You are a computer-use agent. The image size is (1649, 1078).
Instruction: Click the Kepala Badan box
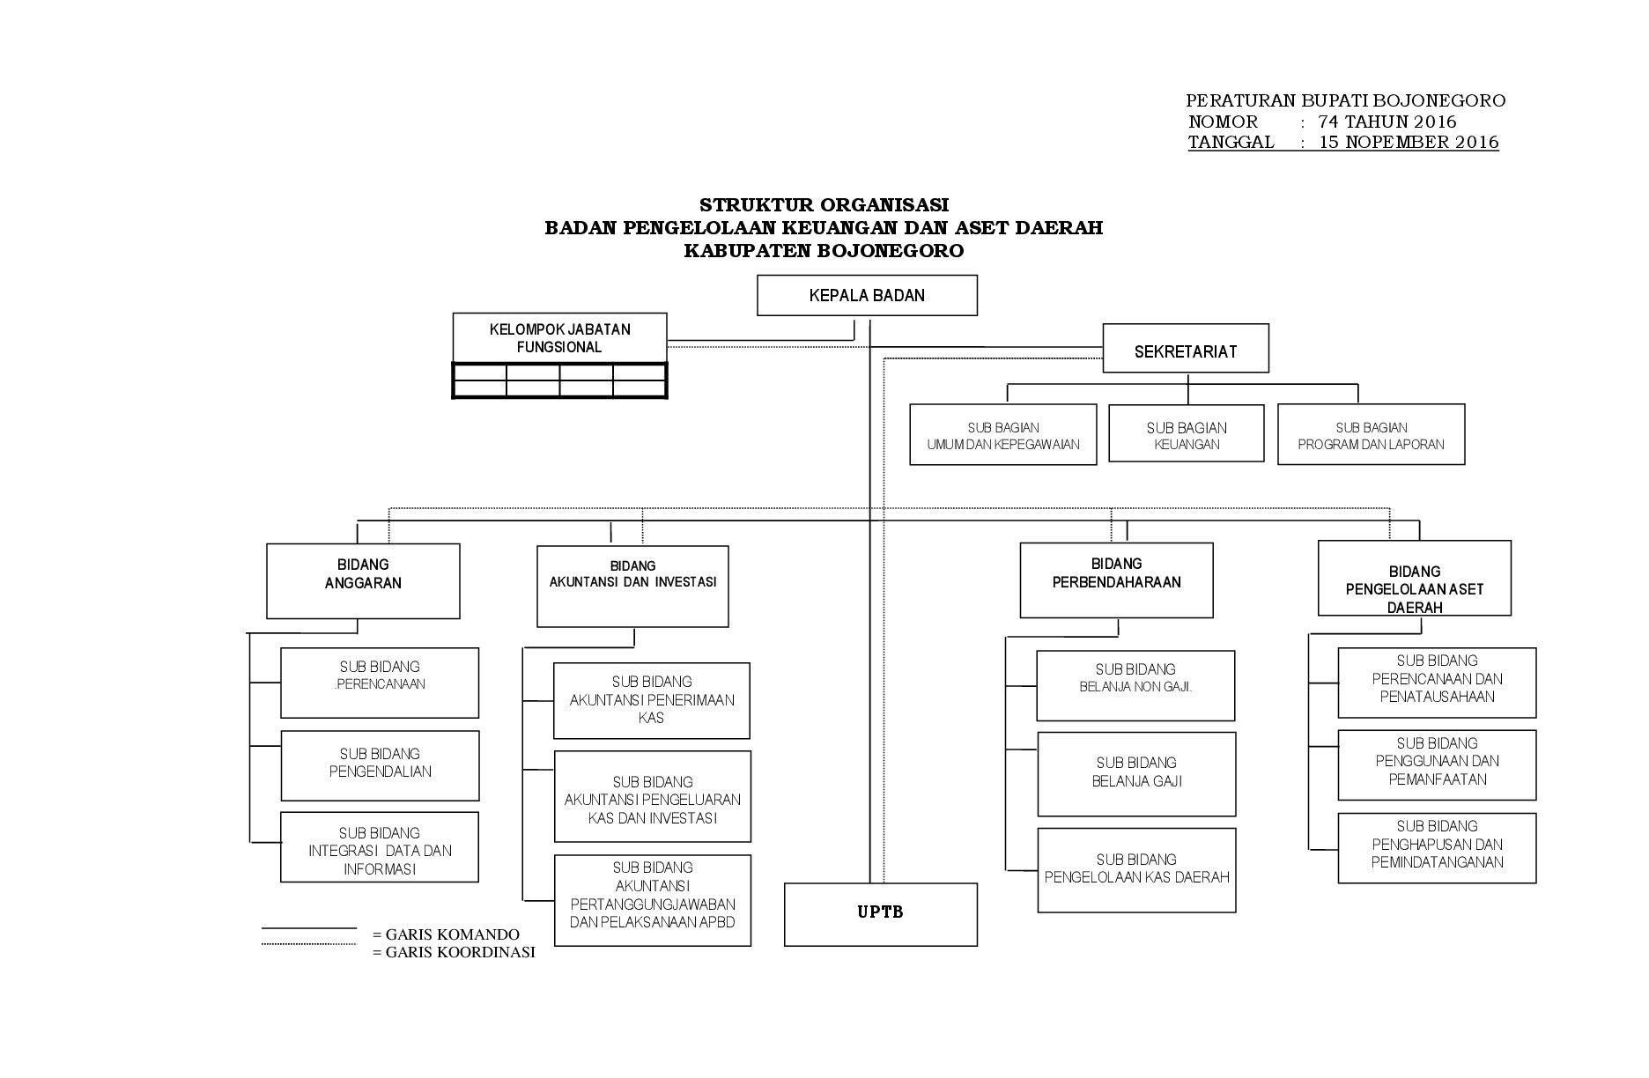tap(867, 295)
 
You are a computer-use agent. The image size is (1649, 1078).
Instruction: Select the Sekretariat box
tap(1186, 349)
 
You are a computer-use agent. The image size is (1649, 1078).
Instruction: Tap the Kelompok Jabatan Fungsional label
tap(559, 338)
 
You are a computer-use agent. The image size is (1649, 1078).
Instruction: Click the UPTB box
tap(881, 914)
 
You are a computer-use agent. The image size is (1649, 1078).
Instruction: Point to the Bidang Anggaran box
tap(363, 581)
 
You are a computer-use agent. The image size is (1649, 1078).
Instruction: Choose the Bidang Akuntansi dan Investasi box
tap(632, 587)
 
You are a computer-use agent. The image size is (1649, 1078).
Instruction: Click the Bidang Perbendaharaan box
tap(1116, 580)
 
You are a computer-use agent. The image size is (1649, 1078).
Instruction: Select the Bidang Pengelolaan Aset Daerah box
tap(1415, 578)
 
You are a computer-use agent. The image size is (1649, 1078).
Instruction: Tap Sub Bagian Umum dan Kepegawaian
tap(1003, 434)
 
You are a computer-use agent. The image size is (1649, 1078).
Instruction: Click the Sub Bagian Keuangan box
tap(1187, 432)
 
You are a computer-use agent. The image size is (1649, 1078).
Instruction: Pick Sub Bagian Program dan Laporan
tap(1372, 434)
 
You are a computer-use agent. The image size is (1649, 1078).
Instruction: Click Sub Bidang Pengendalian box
tap(380, 765)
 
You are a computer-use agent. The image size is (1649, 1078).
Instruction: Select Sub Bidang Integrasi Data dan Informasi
tap(380, 847)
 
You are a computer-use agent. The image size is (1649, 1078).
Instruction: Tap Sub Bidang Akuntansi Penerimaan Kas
tap(652, 700)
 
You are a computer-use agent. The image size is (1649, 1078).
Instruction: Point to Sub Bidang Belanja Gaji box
tap(1136, 774)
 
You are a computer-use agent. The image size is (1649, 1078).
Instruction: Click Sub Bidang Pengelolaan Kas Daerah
tap(1136, 870)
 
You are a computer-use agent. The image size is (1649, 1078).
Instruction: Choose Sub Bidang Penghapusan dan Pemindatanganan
tap(1437, 848)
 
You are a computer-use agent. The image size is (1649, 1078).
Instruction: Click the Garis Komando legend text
tap(446, 934)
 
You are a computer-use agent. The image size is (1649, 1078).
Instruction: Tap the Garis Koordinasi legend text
tap(454, 952)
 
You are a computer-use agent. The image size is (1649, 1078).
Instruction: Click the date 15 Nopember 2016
tap(1409, 143)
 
